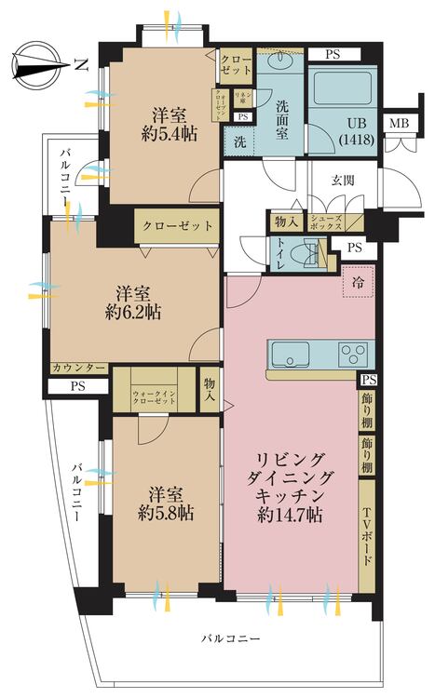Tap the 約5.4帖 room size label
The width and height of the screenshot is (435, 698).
click(x=170, y=133)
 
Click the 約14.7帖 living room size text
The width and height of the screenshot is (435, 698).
click(x=291, y=513)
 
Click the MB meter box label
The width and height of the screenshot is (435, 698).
click(x=399, y=124)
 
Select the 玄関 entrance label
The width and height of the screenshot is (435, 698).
click(x=347, y=179)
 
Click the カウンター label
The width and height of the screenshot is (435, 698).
click(x=77, y=368)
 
